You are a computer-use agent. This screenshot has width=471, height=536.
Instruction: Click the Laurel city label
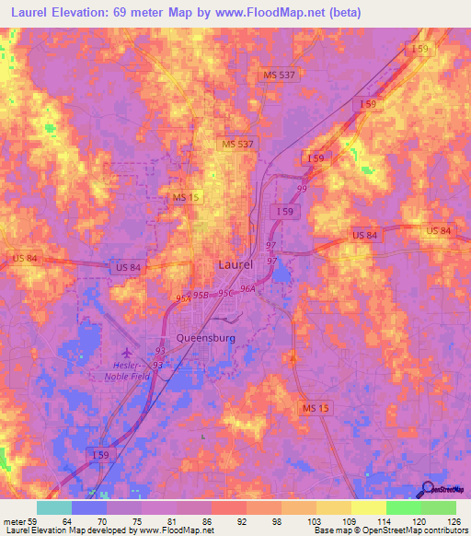236,264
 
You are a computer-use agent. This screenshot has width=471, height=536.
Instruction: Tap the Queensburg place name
206,338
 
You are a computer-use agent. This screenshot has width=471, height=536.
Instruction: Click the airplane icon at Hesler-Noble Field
128,352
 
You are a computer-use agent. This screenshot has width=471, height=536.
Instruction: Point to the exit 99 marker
302,189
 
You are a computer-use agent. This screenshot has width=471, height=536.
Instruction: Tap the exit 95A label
182,298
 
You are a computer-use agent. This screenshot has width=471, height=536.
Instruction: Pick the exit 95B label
201,295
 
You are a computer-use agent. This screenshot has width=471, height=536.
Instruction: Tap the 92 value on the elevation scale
243,520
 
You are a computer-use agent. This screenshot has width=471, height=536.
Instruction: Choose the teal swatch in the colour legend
54,507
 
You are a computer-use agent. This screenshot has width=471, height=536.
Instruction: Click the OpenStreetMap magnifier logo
429,489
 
